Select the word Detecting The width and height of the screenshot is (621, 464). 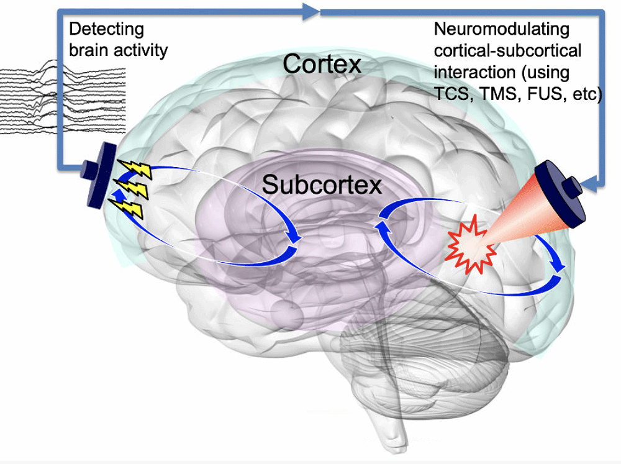[x=106, y=29]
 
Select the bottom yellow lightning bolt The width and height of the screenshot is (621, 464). [x=133, y=207]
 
